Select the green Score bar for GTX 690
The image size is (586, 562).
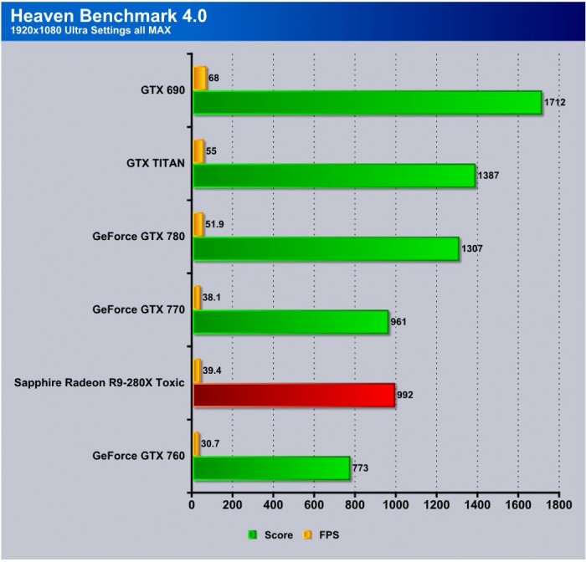(x=367, y=103)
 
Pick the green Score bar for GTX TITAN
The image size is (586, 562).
(x=334, y=176)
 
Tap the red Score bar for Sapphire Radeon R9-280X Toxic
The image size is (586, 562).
(x=294, y=395)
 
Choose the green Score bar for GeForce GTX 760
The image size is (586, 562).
(x=271, y=467)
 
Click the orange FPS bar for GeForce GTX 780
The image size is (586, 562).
(x=198, y=224)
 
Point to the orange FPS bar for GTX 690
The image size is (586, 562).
(x=200, y=78)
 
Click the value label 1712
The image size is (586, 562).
(x=555, y=103)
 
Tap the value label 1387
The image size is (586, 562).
(x=490, y=176)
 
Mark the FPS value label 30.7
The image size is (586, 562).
(x=213, y=443)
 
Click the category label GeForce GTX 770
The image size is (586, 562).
(x=138, y=309)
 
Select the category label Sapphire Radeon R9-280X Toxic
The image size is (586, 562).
(x=100, y=382)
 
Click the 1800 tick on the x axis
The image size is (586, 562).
(x=559, y=505)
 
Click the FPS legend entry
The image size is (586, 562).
(x=329, y=534)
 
